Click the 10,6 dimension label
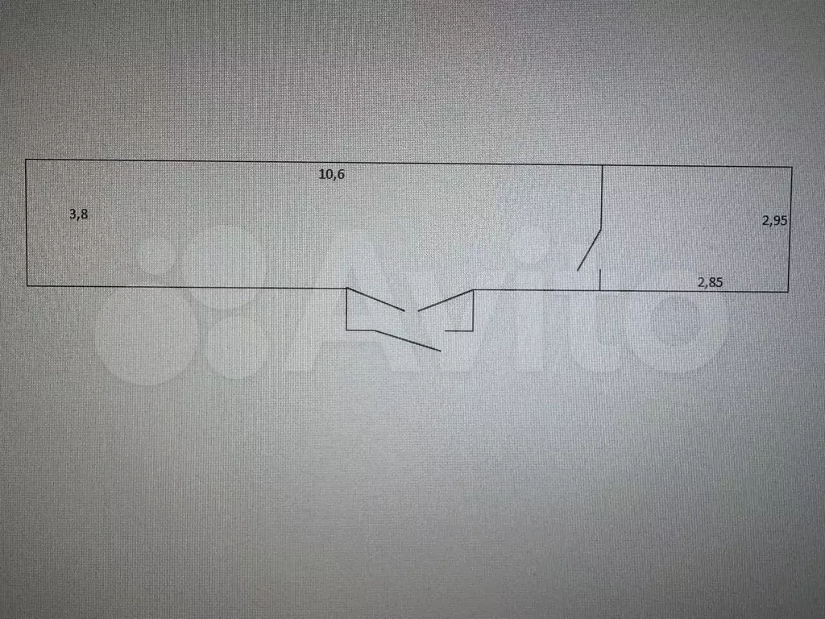(331, 174)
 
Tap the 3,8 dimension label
(78, 214)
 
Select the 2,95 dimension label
(774, 221)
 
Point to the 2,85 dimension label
(710, 283)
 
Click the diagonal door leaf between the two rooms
(589, 251)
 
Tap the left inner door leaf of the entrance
(375, 300)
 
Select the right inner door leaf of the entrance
(446, 301)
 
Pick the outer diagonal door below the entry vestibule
(407, 340)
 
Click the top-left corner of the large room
(26, 160)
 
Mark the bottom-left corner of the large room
(27, 286)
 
